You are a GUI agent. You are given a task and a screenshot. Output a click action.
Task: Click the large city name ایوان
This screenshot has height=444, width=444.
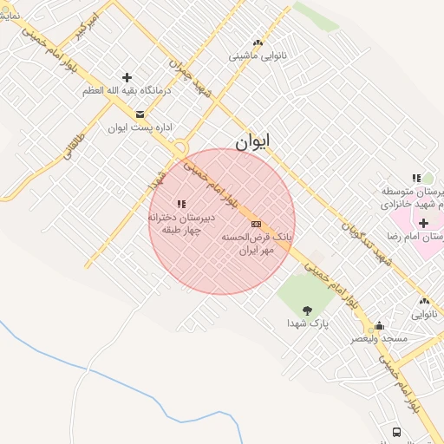click(x=252, y=140)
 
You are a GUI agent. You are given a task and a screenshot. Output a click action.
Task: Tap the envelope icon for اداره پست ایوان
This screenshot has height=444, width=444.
click(x=140, y=114)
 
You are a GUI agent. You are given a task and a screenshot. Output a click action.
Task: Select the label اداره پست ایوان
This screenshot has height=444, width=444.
click(x=140, y=127)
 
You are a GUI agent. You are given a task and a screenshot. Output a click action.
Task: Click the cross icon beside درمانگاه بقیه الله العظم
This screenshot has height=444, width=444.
click(x=127, y=77)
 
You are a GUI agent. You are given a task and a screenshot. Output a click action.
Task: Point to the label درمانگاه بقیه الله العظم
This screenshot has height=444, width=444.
click(x=127, y=90)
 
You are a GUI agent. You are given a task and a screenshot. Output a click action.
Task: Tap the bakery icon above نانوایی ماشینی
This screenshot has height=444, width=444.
click(x=258, y=42)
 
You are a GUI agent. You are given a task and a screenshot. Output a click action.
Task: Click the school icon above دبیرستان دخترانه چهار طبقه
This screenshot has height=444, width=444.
click(x=180, y=204)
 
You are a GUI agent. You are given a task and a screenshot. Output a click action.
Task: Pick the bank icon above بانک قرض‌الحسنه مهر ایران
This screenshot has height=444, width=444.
click(x=256, y=224)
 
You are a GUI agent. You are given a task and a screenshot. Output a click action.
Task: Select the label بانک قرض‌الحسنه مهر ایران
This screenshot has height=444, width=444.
click(x=258, y=242)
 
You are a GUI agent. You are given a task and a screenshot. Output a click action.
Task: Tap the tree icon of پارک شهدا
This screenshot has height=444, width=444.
click(x=307, y=310)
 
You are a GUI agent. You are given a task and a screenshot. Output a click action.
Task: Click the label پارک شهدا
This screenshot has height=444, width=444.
click(x=306, y=323)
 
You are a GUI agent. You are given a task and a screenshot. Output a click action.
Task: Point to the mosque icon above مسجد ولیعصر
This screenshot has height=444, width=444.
click(x=378, y=326)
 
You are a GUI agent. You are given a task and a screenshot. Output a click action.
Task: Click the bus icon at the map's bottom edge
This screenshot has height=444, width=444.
click(x=396, y=432)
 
